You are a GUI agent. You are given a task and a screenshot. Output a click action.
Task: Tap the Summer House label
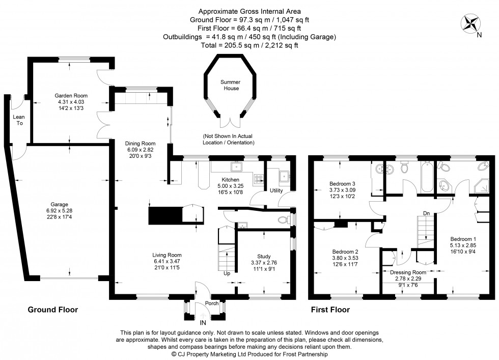(230, 85)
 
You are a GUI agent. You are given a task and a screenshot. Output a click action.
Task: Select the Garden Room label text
(71, 95)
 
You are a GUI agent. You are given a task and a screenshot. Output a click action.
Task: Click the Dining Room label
(141, 144)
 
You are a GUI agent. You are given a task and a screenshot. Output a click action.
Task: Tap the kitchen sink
(236, 167)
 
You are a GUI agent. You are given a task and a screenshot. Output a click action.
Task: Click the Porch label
(212, 303)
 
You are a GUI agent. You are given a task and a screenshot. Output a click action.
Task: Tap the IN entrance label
(203, 323)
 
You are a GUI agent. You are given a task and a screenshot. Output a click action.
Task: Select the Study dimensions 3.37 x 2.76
(264, 263)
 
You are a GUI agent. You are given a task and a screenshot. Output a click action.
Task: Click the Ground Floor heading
(52, 309)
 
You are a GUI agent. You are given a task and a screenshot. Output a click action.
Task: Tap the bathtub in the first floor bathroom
(426, 175)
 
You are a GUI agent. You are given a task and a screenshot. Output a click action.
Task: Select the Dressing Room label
(407, 272)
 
